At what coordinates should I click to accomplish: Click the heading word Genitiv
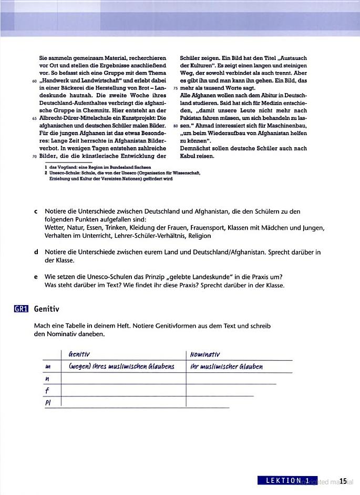click(47, 309)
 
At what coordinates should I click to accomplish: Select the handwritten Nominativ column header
click(205, 354)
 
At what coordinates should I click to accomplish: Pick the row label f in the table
click(47, 390)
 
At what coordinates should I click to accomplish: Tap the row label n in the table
click(47, 378)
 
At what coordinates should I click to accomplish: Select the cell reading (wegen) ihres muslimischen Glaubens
click(121, 367)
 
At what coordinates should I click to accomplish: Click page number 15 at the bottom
click(343, 481)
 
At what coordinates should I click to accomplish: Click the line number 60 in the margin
click(34, 81)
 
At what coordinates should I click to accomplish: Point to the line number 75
click(176, 88)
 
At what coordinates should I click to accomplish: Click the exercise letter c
click(35, 211)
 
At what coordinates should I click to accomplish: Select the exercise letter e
click(35, 277)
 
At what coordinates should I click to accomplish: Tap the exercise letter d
click(35, 252)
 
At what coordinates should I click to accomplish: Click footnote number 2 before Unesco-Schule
click(46, 172)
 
